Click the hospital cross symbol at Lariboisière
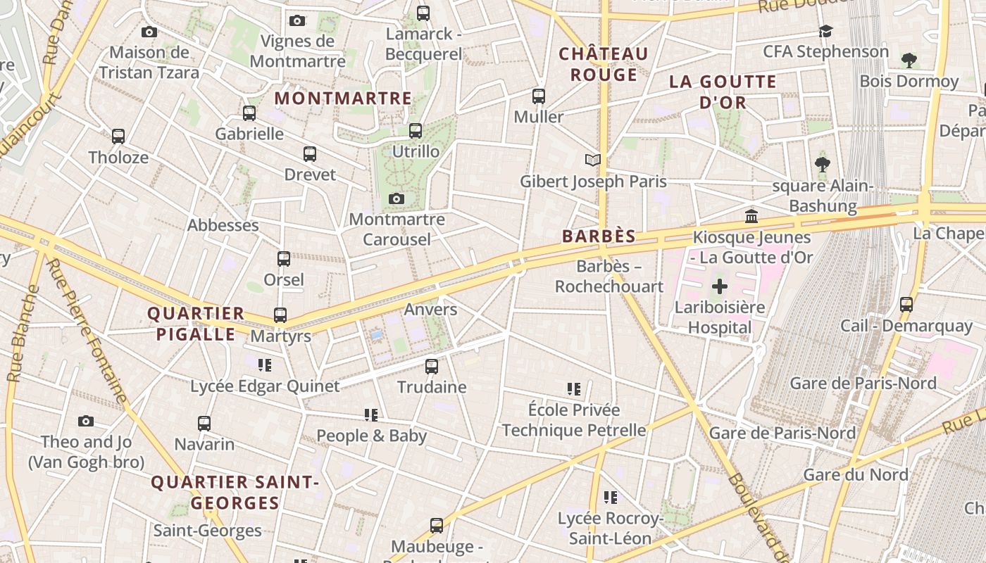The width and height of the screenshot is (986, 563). (719, 286)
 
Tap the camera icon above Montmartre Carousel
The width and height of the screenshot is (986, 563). (397, 199)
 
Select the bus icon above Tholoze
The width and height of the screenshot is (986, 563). (118, 137)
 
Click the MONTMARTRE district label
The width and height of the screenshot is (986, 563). (343, 99)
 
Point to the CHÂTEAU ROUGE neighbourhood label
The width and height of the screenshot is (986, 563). (603, 64)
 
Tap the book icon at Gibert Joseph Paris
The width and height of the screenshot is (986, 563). (594, 160)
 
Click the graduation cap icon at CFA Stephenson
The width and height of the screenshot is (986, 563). (825, 32)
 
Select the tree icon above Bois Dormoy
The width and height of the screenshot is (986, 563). (909, 61)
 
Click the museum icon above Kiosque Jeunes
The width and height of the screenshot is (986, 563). (751, 216)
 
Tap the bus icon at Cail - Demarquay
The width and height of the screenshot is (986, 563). (906, 305)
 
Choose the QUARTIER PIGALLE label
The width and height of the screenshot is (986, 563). (196, 324)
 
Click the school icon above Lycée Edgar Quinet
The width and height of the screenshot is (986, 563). (265, 365)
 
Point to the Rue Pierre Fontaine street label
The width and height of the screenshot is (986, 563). (87, 331)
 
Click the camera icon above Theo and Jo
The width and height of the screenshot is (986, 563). (86, 422)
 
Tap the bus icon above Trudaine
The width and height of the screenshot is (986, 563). (432, 367)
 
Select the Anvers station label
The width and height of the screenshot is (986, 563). (430, 310)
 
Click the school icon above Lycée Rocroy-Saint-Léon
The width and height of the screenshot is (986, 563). (611, 498)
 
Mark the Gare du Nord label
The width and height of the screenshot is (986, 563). (856, 475)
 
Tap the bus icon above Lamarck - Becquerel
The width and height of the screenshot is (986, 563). (423, 13)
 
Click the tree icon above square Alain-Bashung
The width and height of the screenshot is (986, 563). (822, 165)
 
